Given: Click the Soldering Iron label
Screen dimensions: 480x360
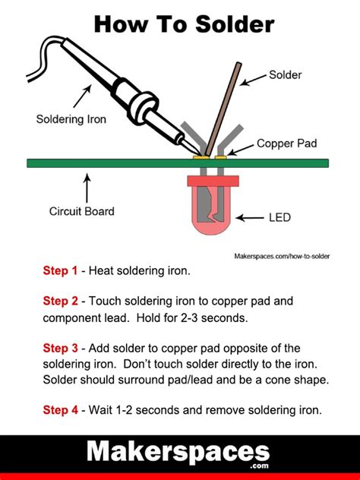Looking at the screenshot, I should pyautogui.click(x=71, y=118).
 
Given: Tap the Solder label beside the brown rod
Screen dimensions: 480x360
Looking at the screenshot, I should pyautogui.click(x=285, y=75).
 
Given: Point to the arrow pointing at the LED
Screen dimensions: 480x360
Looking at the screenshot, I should pyautogui.click(x=250, y=218).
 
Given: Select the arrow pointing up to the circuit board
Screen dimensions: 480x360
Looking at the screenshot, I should pyautogui.click(x=87, y=187).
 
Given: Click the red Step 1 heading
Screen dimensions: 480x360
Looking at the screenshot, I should pyautogui.click(x=60, y=270).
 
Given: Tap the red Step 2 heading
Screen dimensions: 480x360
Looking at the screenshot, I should pyautogui.click(x=60, y=301).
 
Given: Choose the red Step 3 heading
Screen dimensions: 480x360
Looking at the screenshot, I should pyautogui.click(x=60, y=348).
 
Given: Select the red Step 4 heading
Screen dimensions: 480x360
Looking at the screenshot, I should pyautogui.click(x=60, y=409).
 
